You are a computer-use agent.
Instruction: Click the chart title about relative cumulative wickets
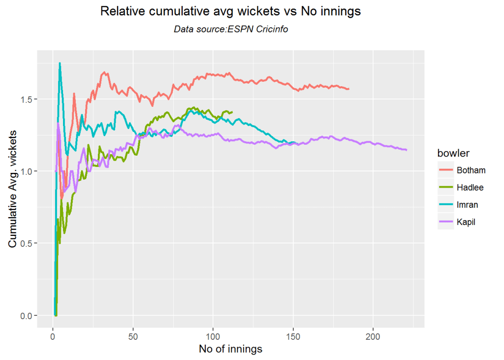230,11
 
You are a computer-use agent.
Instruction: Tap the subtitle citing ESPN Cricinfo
230,30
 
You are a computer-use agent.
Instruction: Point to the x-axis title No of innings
230,349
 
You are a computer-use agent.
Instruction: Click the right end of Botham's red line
348,89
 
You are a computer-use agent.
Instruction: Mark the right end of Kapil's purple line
407,150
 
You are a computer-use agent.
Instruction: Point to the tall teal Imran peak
60,64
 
